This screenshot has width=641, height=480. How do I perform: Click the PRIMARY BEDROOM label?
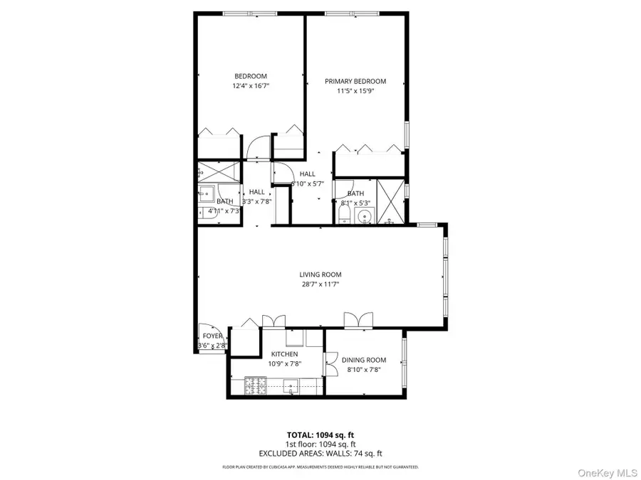(355, 81)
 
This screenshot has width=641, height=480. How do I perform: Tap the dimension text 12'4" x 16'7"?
(251, 86)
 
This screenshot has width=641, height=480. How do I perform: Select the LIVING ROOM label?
(320, 274)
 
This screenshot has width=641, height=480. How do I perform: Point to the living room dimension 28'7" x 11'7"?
(320, 284)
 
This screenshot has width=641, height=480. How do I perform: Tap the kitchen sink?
(291, 386)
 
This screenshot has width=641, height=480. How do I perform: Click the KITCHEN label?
(284, 354)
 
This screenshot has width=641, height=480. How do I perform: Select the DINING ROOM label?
(363, 360)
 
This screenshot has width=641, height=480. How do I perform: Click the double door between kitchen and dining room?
(330, 363)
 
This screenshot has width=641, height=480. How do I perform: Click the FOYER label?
(212, 336)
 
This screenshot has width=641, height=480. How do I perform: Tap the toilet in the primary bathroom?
(346, 216)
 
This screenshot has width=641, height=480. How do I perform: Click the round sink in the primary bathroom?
(365, 216)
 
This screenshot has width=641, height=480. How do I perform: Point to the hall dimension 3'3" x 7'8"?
(257, 201)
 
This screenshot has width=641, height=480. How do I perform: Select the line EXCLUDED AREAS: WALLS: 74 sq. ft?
(320, 453)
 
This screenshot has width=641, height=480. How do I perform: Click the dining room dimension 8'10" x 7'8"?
(363, 370)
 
